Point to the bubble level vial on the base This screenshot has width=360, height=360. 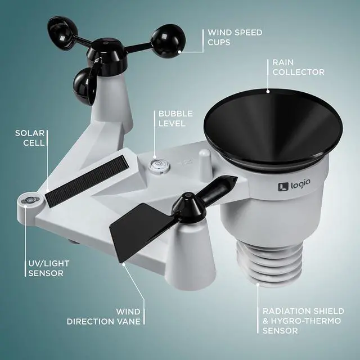pyautogui.click(x=156, y=164)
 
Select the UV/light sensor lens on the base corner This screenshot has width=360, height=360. pyautogui.click(x=28, y=200)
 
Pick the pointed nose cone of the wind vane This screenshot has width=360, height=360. pyautogui.click(x=225, y=182)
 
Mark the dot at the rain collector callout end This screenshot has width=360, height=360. pyautogui.click(x=268, y=91)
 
